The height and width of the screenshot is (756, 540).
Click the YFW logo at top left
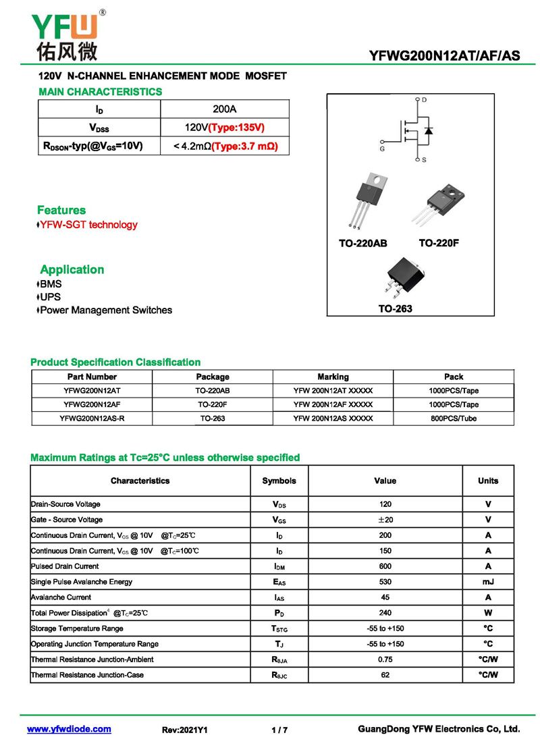point(65,34)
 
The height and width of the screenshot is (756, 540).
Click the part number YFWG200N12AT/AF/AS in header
point(445,55)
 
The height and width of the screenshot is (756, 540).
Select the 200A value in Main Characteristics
point(225,109)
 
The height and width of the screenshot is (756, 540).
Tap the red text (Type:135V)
point(236,128)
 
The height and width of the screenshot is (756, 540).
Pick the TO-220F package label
point(439,243)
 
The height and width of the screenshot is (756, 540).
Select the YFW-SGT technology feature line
point(88,225)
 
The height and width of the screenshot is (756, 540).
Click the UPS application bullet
point(51,297)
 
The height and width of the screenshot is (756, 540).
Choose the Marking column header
point(333,377)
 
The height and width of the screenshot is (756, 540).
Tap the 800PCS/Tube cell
point(454,418)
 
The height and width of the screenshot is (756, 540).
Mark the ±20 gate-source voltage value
point(385,520)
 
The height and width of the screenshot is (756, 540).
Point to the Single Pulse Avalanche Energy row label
point(82,582)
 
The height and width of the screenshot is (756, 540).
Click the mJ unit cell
point(488,582)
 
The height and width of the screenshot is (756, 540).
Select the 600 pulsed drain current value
point(385,566)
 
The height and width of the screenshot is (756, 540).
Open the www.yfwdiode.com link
point(69,730)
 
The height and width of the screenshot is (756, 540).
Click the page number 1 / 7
point(279,730)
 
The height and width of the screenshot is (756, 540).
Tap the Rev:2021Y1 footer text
point(185,730)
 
